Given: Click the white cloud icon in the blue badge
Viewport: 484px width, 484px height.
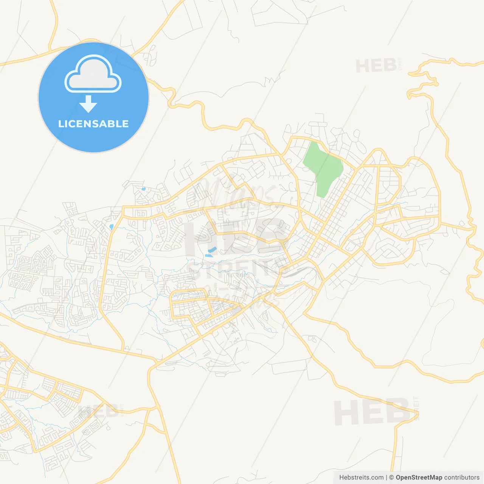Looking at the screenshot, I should (x=93, y=74).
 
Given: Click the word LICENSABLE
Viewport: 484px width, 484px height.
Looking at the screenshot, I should (x=93, y=124).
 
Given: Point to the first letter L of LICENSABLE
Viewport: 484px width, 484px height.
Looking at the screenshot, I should (x=60, y=124).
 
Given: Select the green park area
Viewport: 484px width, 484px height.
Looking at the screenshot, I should (x=324, y=166).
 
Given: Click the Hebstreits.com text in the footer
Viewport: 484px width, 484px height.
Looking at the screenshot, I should (x=361, y=478).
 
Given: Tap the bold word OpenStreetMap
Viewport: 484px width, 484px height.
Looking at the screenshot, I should (x=419, y=478).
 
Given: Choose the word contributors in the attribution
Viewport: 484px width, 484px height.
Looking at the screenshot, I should (x=462, y=478).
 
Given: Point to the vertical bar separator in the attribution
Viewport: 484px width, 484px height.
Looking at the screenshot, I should (x=386, y=478).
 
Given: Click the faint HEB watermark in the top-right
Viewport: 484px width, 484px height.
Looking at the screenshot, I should (x=376, y=66).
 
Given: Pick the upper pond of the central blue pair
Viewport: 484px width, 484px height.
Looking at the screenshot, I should (x=212, y=250).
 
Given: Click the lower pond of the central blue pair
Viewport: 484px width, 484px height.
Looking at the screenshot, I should (x=208, y=256).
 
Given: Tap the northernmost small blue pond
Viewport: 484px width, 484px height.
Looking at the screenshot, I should (x=143, y=189).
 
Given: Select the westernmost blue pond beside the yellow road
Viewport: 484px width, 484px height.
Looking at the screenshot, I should (x=111, y=227).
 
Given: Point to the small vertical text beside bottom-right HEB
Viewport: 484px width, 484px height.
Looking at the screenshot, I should (x=416, y=408).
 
